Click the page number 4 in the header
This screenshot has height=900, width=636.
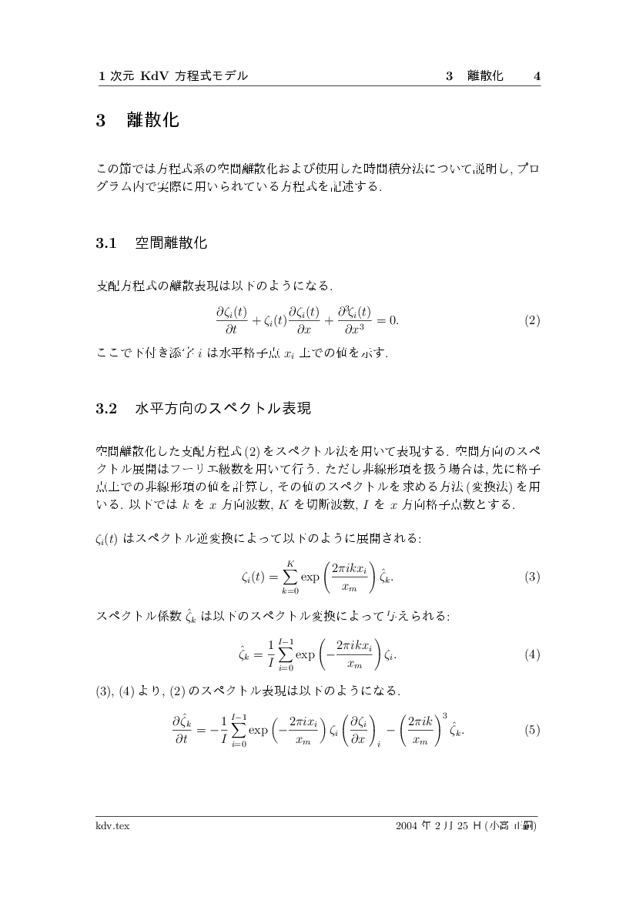click(537, 76)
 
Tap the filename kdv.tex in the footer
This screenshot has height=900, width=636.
click(112, 825)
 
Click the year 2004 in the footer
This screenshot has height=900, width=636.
click(406, 825)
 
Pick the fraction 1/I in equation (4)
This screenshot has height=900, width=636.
click(270, 655)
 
